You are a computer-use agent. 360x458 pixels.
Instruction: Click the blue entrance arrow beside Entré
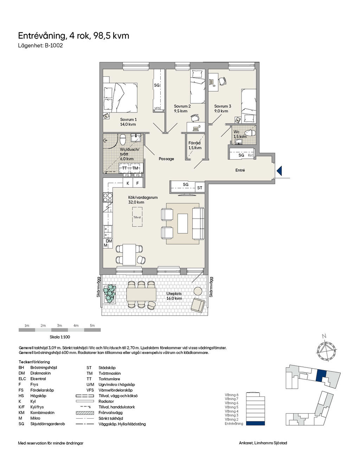click(x=279, y=171)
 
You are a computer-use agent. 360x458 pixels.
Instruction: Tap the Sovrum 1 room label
click(x=128, y=120)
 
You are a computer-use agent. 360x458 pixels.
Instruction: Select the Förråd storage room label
click(x=194, y=143)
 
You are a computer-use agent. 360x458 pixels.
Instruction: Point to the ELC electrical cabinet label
click(x=251, y=155)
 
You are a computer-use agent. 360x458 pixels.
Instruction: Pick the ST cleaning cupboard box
click(x=200, y=188)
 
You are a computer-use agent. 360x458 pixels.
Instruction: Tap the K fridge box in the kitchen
click(x=128, y=183)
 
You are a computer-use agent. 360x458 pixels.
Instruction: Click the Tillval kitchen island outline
click(x=137, y=217)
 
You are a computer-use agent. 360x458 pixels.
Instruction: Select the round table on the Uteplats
click(x=198, y=291)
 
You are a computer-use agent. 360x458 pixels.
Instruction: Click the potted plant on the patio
click(x=109, y=294)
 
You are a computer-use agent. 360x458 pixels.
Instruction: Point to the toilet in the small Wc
click(x=250, y=133)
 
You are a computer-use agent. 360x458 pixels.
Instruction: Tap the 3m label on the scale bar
click(x=59, y=325)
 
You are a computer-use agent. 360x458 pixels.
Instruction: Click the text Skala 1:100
click(x=60, y=337)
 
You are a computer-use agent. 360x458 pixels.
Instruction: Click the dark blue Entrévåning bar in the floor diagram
click(x=255, y=423)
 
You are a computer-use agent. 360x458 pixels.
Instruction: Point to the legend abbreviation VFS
click(x=90, y=390)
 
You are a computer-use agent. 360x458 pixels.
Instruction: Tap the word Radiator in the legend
click(x=106, y=401)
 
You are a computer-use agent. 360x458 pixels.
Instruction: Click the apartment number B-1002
click(x=53, y=46)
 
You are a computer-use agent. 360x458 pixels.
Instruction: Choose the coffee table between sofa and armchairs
click(x=182, y=224)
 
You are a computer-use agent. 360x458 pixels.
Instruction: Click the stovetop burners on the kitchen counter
click(x=108, y=198)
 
